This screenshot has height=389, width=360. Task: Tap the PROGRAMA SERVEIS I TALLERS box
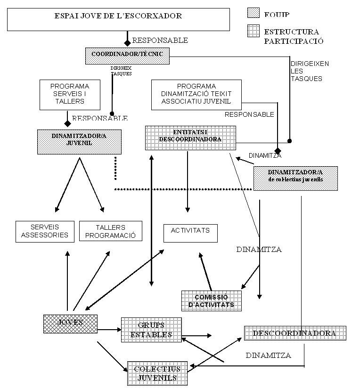[70, 94]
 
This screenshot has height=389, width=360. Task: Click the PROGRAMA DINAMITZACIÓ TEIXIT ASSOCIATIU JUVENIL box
[196, 94]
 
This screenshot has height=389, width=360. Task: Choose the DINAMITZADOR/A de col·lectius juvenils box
[295, 178]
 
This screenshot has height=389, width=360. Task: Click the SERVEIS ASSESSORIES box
[45, 231]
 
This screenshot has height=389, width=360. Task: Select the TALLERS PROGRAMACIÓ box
[110, 231]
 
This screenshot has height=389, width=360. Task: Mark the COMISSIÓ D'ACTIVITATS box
[211, 300]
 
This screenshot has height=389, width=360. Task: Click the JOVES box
[70, 324]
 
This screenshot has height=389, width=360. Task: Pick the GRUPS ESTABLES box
[151, 330]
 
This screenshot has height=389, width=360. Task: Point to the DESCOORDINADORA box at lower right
[295, 333]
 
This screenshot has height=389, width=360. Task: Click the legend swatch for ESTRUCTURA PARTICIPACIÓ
[254, 32]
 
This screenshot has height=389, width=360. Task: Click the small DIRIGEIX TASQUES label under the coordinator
[121, 71]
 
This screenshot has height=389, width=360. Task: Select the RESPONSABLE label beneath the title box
[160, 40]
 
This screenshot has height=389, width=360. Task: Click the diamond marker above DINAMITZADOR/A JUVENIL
[67, 123]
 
